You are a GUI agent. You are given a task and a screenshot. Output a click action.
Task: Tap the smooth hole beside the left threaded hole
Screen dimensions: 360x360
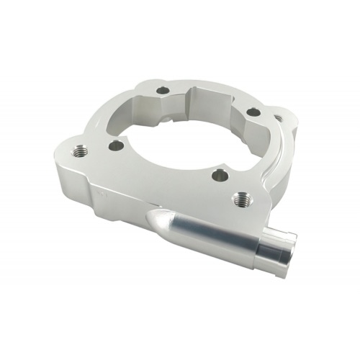tap(115, 145)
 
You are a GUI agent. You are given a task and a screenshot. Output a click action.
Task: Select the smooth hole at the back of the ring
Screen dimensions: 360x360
tap(163, 91)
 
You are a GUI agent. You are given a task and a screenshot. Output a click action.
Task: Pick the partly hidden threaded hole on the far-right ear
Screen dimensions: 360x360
tap(279, 117)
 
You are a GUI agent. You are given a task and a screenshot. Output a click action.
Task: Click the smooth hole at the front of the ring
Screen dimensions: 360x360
tap(218, 174)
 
